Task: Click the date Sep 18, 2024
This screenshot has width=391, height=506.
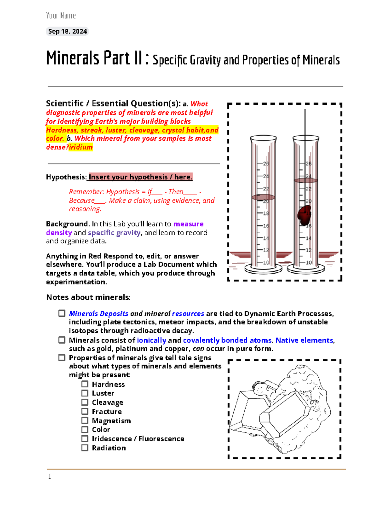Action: coord(67,31)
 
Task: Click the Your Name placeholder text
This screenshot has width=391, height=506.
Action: coord(61,15)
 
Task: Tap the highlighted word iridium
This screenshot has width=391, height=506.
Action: coord(81,147)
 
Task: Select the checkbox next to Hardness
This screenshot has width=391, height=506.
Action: coord(85,384)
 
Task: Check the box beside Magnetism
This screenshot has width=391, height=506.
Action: coord(85,421)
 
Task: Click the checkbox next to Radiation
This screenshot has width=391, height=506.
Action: coord(85,448)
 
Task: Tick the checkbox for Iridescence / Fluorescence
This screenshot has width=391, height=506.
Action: coord(85,439)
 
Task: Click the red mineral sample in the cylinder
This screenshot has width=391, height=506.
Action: coord(304,215)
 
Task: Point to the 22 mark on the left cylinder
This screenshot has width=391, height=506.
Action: coord(266,189)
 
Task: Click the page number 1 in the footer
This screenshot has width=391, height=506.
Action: coord(50,477)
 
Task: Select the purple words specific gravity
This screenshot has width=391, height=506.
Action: coord(114,233)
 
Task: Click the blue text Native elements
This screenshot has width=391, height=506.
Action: coord(304,340)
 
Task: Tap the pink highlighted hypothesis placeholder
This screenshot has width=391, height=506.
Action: coord(140,177)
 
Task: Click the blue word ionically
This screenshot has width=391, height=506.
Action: coord(152,340)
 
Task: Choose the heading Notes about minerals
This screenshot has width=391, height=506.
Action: coord(88,297)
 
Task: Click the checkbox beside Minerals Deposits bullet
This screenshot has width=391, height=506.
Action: coord(62,313)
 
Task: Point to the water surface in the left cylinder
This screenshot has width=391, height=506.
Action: coord(263,197)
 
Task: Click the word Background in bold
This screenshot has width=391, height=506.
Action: coord(67,224)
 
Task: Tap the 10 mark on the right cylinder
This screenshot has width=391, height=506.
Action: coord(308,262)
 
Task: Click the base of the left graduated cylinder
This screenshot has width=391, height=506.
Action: coord(263,269)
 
